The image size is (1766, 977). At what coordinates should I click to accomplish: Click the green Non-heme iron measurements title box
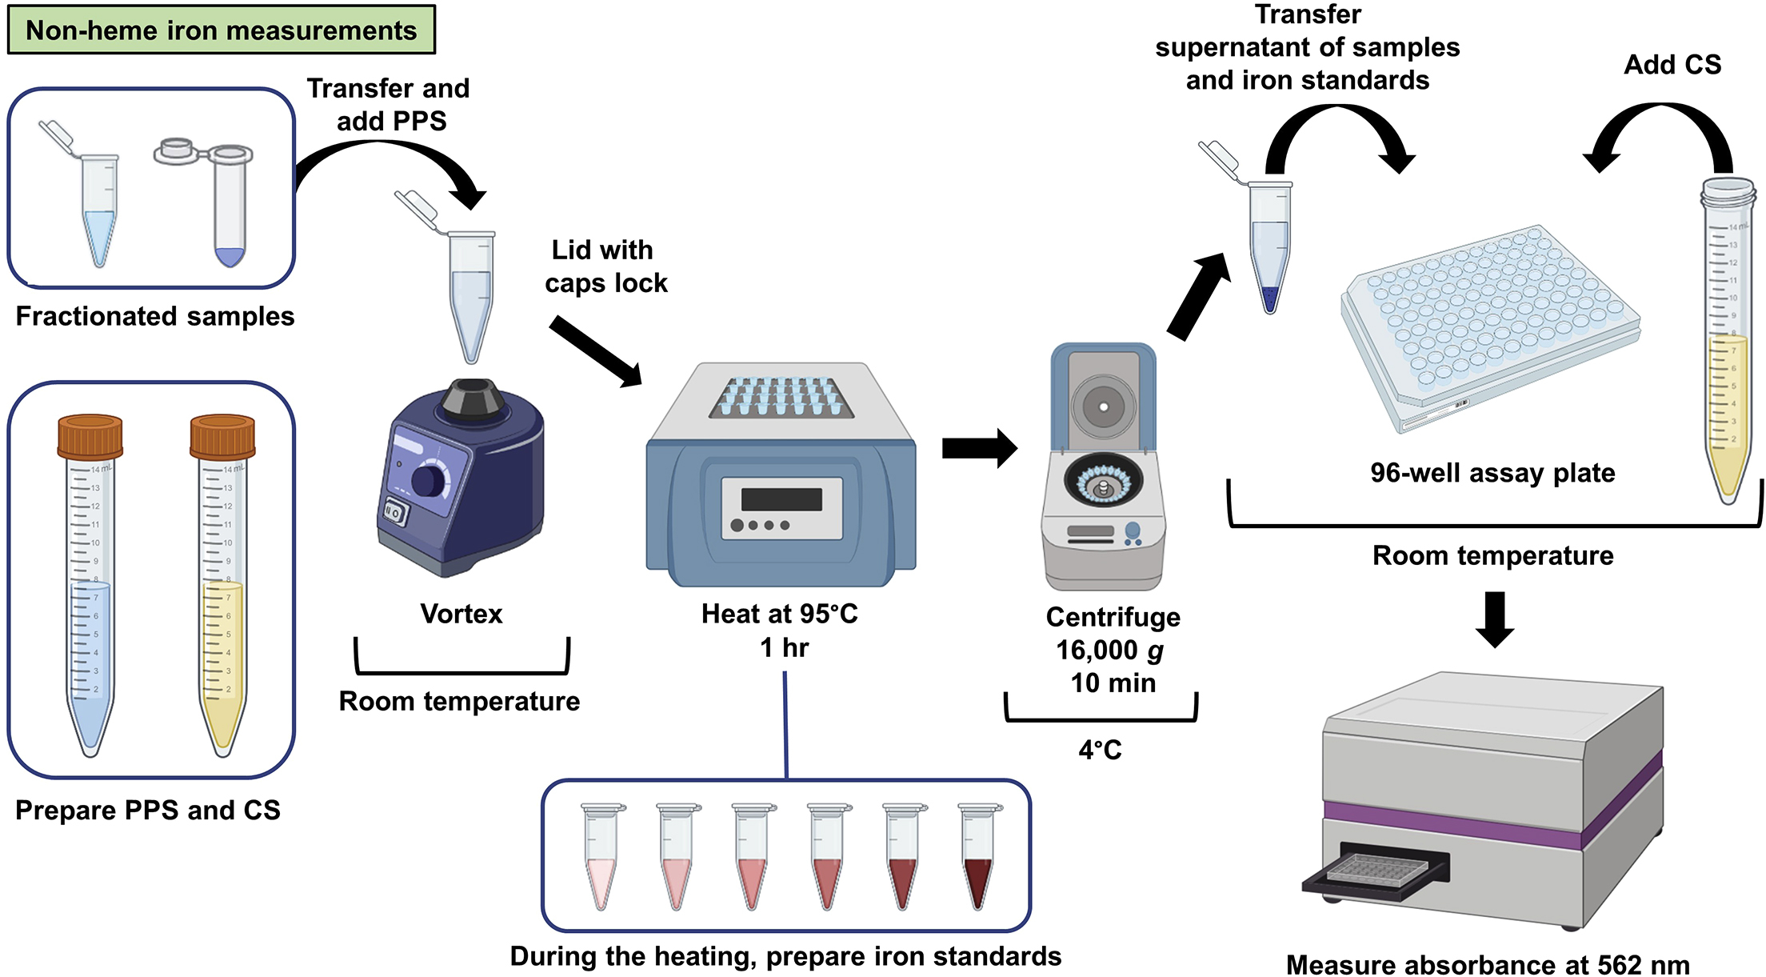pyautogui.click(x=221, y=30)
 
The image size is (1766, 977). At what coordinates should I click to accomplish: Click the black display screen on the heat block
pyautogui.click(x=781, y=499)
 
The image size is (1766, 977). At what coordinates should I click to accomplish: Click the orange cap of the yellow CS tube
pyautogui.click(x=222, y=436)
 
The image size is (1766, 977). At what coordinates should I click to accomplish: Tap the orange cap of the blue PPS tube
pyautogui.click(x=90, y=436)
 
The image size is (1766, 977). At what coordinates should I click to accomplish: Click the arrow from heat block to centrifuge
pyautogui.click(x=979, y=448)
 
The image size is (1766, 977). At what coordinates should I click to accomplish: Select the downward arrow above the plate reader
pyautogui.click(x=1494, y=619)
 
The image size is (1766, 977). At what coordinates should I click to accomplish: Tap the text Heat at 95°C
pyautogui.click(x=779, y=614)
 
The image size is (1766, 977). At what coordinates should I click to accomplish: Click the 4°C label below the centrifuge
pyautogui.click(x=1100, y=750)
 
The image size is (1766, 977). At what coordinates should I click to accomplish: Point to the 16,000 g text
pyautogui.click(x=1109, y=650)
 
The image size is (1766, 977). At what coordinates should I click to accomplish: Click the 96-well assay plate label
pyautogui.click(x=1492, y=473)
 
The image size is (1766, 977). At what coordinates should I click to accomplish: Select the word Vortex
pyautogui.click(x=461, y=614)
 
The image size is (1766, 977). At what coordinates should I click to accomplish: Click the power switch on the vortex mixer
pyautogui.click(x=394, y=511)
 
